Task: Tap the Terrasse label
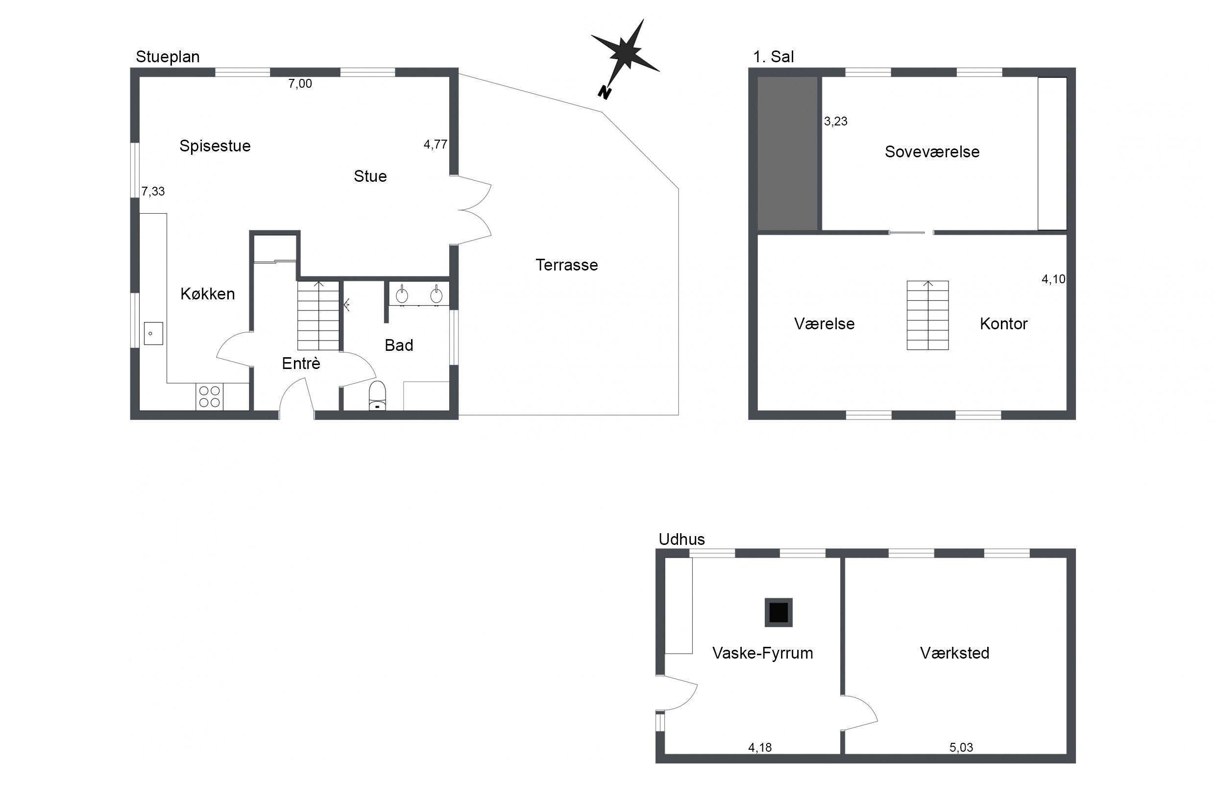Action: tap(566, 265)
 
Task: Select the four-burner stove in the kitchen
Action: tap(209, 397)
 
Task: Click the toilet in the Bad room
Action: tap(377, 396)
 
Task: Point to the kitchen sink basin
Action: tap(153, 334)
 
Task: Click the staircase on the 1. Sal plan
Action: tap(927, 315)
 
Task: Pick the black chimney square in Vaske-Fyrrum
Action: tap(778, 613)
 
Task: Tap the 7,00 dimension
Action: tap(300, 84)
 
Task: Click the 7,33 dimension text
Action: tap(153, 192)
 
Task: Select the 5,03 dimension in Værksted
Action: tap(961, 747)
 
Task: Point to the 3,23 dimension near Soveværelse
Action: tap(835, 122)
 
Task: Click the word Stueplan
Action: tap(168, 57)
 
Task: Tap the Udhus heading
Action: tap(681, 540)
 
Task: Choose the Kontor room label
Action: tap(1004, 324)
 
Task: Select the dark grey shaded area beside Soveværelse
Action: tap(787, 153)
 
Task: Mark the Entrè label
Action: tap(301, 364)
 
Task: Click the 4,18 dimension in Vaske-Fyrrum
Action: tap(760, 747)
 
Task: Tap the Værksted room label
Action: tap(955, 653)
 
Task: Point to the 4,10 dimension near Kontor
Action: tap(1053, 279)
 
